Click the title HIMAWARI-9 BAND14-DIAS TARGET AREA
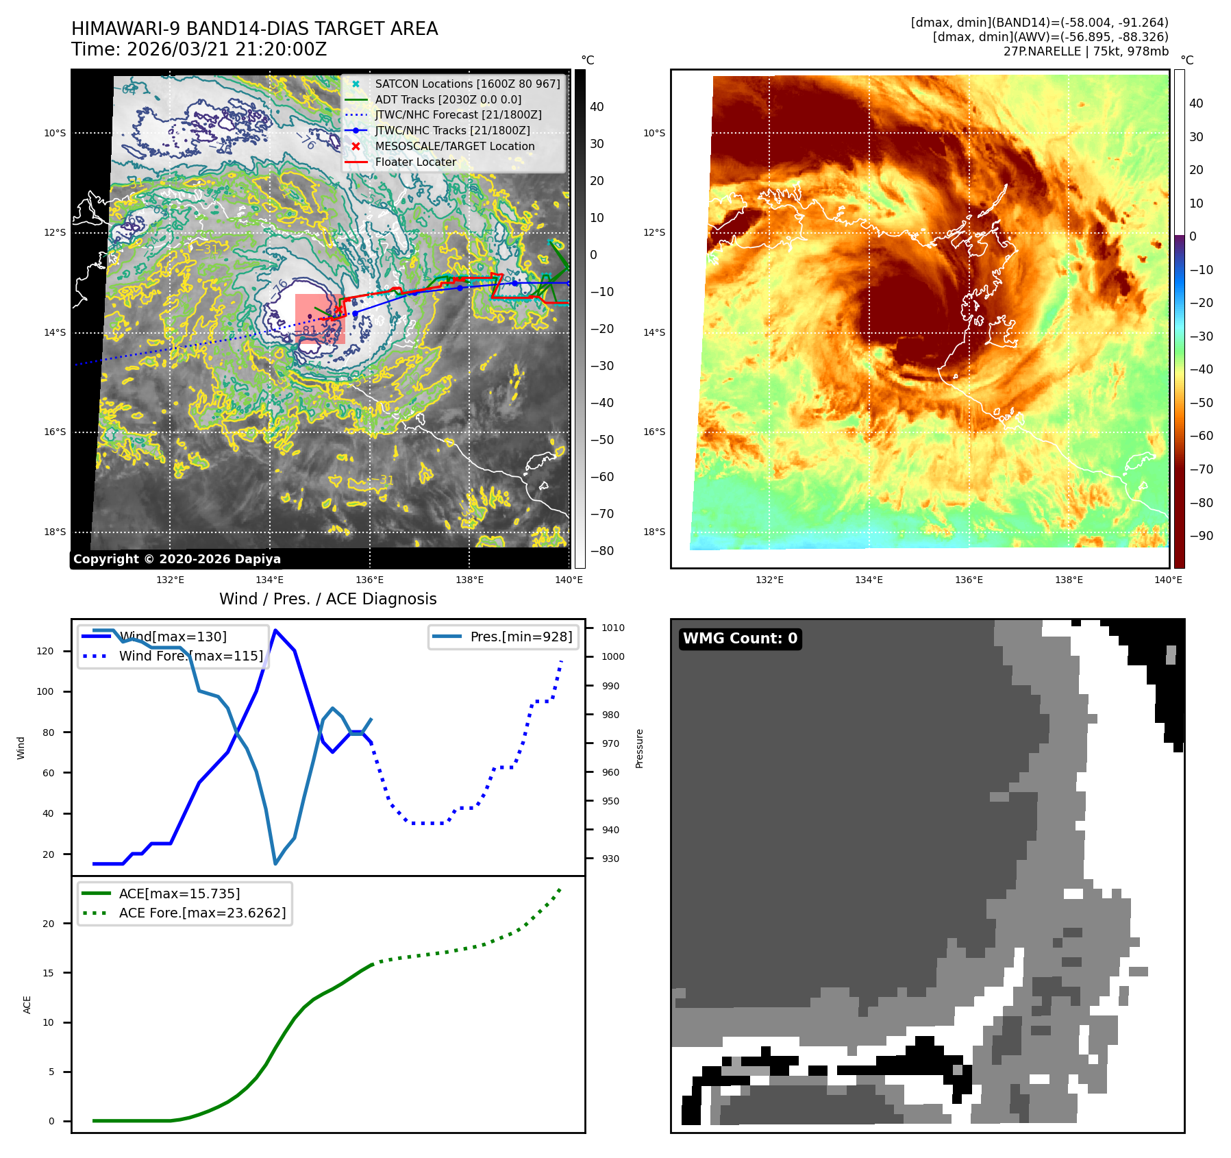pos(254,29)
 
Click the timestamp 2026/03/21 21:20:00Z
pos(226,50)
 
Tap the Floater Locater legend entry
pos(415,162)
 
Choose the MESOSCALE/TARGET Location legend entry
pos(454,147)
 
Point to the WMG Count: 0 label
pos(740,639)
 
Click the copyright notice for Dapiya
pos(177,559)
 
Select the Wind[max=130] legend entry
pos(173,637)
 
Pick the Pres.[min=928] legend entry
pos(521,637)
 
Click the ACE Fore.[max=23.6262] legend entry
pos(202,913)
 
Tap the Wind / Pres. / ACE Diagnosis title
pos(327,599)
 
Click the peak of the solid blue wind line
pos(275,630)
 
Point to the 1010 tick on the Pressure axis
pos(612,628)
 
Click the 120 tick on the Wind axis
pos(45,651)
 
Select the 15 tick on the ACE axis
pos(48,973)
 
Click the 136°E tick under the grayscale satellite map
pos(370,580)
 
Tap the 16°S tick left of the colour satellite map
pos(654,432)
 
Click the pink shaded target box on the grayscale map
pos(320,319)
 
